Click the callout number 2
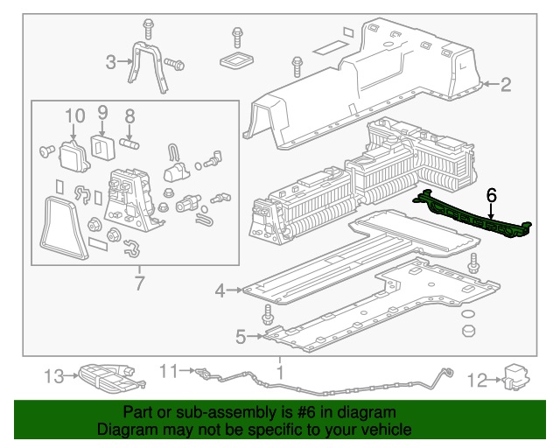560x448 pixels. tap(505, 85)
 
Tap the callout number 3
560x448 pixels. tap(111, 61)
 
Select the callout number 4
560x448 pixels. tap(220, 290)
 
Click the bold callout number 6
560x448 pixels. tap(491, 196)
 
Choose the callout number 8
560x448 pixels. tap(129, 115)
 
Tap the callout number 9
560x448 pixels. tap(102, 113)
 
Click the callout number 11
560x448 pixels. tap(167, 372)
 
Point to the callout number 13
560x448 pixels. tap(54, 377)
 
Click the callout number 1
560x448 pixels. tap(280, 374)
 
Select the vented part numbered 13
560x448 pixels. tap(103, 377)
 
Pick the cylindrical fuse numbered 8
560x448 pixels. tap(130, 138)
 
